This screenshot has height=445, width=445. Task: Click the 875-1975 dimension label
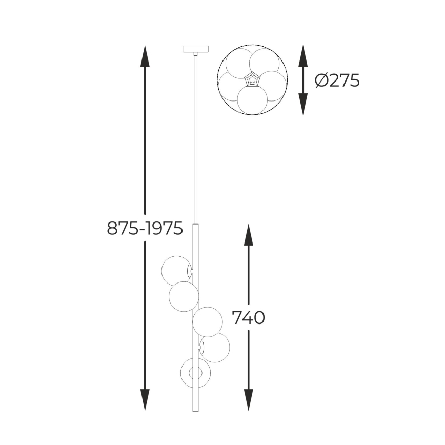pyautogui.click(x=145, y=228)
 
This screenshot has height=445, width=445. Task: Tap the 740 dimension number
pyautogui.click(x=249, y=318)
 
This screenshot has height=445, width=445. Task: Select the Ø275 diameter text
pyautogui.click(x=337, y=80)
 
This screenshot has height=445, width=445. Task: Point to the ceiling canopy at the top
pyautogui.click(x=195, y=50)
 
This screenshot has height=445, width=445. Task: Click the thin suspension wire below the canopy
pyautogui.click(x=195, y=138)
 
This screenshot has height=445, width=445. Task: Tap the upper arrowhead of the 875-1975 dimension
pyautogui.click(x=145, y=56)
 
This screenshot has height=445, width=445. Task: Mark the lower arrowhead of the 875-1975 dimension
pyautogui.click(x=145, y=400)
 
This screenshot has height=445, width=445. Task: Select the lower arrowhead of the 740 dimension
pyautogui.click(x=249, y=400)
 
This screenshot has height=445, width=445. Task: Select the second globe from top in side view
pyautogui.click(x=183, y=296)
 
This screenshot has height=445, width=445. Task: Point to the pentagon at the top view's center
pyautogui.click(x=252, y=80)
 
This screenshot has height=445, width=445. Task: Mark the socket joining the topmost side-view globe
pyautogui.click(x=191, y=270)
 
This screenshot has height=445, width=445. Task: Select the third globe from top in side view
pyautogui.click(x=208, y=322)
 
